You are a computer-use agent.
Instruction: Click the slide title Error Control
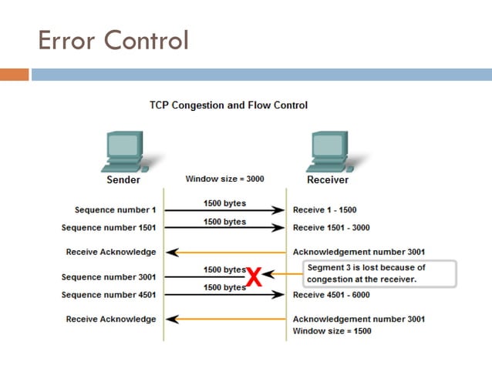click(x=113, y=39)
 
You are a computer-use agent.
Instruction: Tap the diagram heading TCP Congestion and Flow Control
click(x=228, y=105)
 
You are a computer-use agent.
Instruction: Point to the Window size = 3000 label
click(x=225, y=179)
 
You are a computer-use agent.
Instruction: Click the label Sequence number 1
click(x=115, y=209)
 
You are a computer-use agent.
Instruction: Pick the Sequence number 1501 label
click(x=109, y=227)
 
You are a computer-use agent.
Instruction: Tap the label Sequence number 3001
click(x=109, y=277)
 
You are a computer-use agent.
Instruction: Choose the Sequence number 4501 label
click(x=109, y=295)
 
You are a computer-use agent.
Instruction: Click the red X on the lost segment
click(x=254, y=278)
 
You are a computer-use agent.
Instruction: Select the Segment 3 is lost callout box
click(x=379, y=273)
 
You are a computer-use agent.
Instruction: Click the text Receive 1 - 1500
click(x=325, y=209)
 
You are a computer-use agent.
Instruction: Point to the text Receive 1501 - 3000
click(x=332, y=227)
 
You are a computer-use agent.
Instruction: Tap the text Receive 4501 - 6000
click(x=332, y=295)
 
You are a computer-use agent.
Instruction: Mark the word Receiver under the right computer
click(x=328, y=180)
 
